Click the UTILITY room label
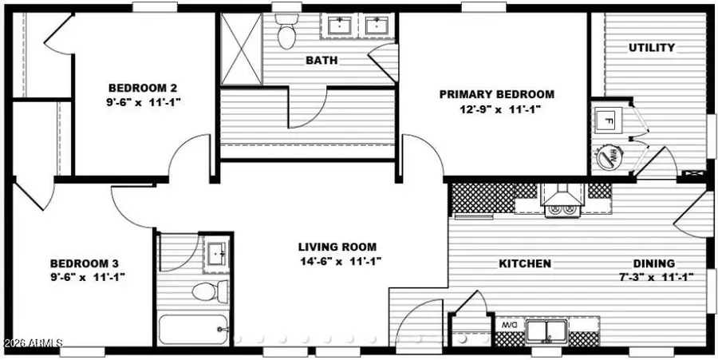tap(652, 48)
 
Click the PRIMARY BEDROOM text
tap(496, 94)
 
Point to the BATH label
tap(322, 60)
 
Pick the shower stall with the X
tap(241, 49)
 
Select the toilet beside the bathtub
tap(203, 291)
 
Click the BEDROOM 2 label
tap(143, 88)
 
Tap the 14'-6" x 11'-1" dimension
tap(337, 261)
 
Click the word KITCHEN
tap(525, 263)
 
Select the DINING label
tap(654, 263)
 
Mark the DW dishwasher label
tap(508, 326)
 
